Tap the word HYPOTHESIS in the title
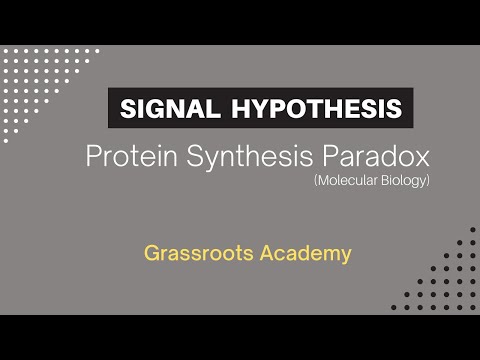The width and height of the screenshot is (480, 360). click(x=321, y=107)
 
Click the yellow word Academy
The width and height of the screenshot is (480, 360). click(x=305, y=253)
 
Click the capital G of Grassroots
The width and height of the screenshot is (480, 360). click(x=150, y=253)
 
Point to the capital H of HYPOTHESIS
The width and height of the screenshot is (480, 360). click(x=241, y=107)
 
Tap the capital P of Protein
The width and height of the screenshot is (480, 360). click(x=95, y=157)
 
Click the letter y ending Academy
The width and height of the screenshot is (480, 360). click(x=346, y=255)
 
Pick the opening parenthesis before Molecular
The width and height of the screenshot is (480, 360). click(x=311, y=183)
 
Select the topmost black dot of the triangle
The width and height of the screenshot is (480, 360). click(x=471, y=227)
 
